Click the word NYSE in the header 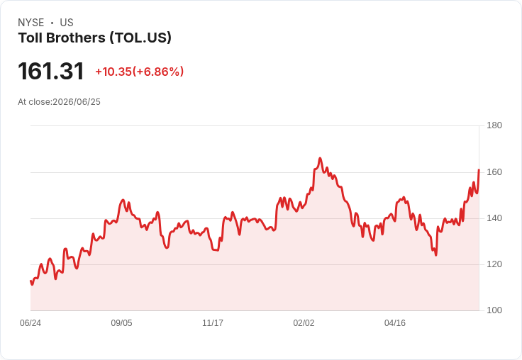point(31,23)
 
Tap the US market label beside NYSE point(67,23)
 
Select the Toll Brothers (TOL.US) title point(95,38)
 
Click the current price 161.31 point(51,71)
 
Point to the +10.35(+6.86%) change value point(140,72)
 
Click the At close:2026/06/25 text point(60,102)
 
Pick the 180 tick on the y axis point(494,125)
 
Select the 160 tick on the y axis point(494,172)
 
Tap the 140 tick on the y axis point(494,218)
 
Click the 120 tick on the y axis point(494,264)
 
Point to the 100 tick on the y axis point(494,310)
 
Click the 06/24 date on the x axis point(30,323)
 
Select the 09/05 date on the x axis point(121,323)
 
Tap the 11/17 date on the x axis point(213,323)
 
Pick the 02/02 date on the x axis point(304,323)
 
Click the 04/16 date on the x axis point(395,323)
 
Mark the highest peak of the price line point(320,158)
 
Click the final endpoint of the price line point(479,170)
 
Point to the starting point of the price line point(30,281)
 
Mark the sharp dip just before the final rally point(435,255)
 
